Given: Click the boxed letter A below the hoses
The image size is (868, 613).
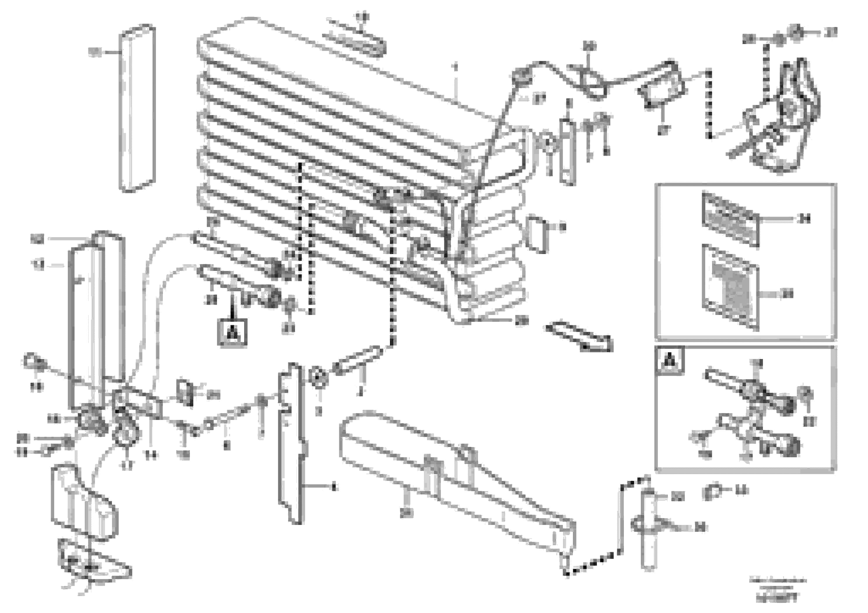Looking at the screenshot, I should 232,332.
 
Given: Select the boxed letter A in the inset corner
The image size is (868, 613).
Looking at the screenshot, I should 670,361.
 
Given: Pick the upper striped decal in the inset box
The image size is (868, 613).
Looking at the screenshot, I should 730,219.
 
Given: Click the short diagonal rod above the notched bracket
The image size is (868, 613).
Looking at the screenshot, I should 357,360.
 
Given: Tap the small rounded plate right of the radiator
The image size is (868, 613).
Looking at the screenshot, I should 537,234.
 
